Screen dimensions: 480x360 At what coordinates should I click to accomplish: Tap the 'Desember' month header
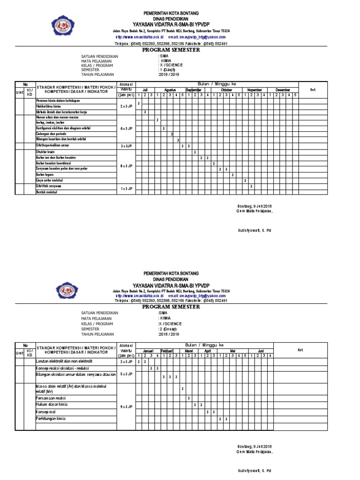pos(283,90)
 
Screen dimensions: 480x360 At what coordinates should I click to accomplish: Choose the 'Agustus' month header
pos(170,90)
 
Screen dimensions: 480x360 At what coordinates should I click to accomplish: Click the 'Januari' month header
pos(148,350)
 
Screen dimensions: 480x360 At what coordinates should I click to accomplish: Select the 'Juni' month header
pos(261,350)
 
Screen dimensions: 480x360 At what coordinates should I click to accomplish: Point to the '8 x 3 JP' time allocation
pos(126,166)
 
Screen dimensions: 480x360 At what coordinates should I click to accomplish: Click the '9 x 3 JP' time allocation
pos(126,406)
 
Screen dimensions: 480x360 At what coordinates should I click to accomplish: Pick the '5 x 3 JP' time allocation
pos(126,374)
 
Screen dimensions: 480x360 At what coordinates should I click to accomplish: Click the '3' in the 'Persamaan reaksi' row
pos(188,398)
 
